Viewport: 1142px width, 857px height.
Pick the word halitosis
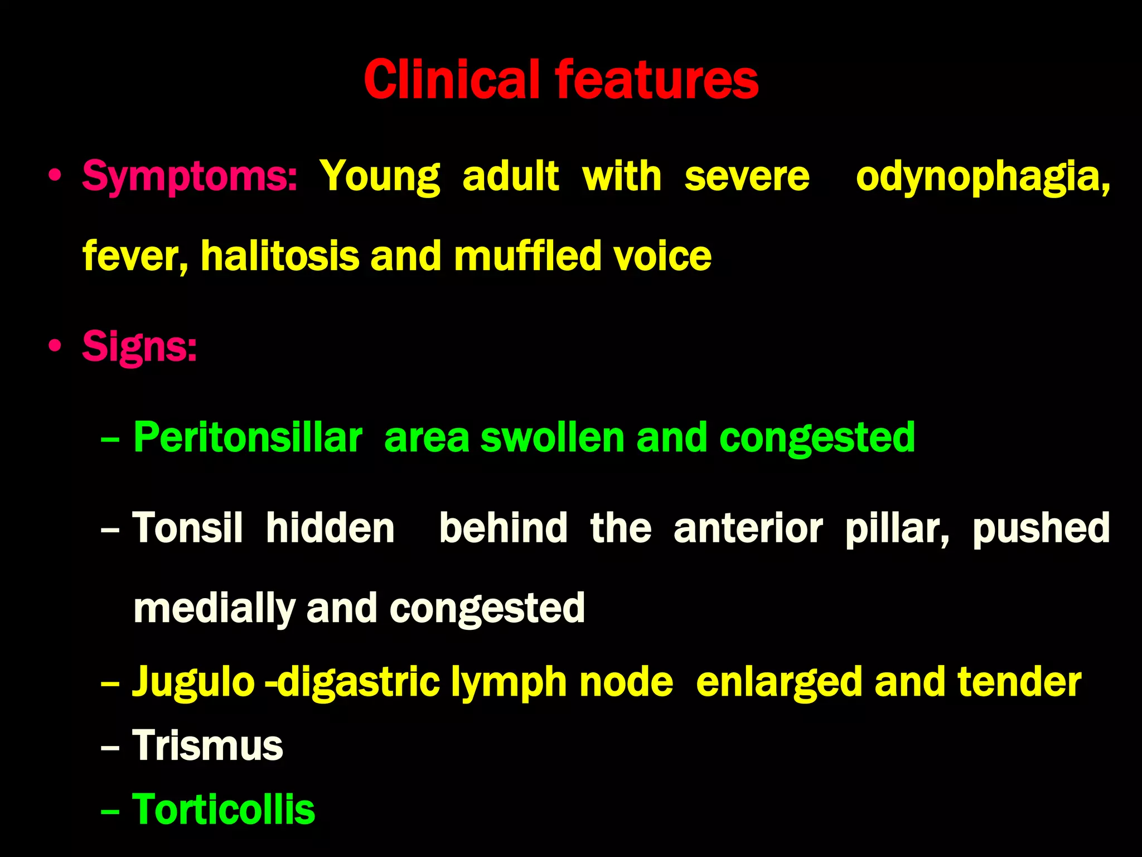coord(280,256)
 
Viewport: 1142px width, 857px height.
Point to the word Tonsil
coord(188,528)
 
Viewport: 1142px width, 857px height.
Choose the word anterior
coord(748,528)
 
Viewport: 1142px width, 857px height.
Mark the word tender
coord(1019,682)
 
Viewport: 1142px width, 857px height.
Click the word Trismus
coord(208,745)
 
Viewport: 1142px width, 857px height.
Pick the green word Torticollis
coord(224,809)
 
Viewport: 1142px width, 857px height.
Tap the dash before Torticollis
coord(110,810)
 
